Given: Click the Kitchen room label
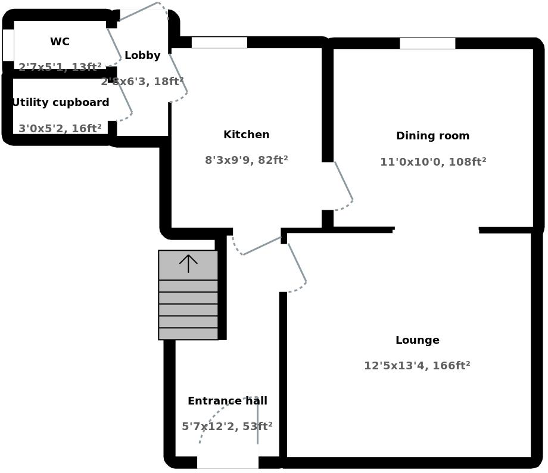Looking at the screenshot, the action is (246, 135).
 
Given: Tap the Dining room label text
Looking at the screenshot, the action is (432, 136).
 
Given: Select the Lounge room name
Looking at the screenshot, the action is (417, 340).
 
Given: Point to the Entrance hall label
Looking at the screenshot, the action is (227, 401).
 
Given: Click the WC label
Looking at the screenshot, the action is (60, 42).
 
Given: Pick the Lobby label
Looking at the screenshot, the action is (142, 55).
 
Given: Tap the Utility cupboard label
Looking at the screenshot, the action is (61, 102).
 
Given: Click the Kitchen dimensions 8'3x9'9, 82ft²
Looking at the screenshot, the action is (246, 160).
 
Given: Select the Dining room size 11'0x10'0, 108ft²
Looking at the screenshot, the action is (432, 161).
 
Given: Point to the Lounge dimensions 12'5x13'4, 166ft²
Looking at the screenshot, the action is (417, 366).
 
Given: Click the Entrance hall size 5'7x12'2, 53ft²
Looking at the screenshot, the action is (227, 427).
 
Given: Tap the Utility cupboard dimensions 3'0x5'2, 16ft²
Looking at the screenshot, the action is (60, 129).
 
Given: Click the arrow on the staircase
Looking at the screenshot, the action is (188, 263).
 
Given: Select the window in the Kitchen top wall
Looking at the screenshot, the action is (219, 42).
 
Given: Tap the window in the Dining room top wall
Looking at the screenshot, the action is (427, 43).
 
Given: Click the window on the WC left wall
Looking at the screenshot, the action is (8, 45).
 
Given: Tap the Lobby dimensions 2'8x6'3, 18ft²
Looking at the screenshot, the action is (142, 82).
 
